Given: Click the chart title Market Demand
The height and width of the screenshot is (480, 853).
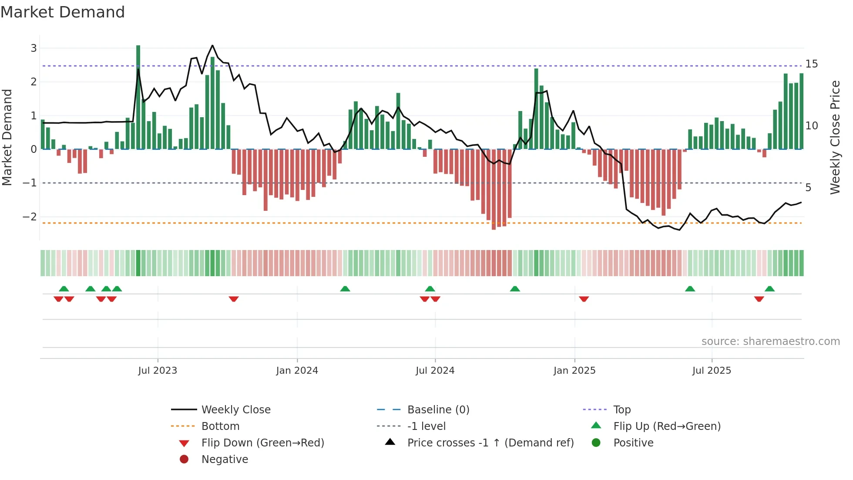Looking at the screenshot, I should (x=63, y=12).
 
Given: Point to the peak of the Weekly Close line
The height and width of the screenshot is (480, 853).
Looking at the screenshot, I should (x=212, y=45).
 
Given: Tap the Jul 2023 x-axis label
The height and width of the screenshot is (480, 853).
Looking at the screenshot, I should (x=158, y=371).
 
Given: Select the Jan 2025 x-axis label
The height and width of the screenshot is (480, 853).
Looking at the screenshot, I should (x=574, y=371).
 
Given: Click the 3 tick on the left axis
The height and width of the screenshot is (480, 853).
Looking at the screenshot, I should (x=34, y=48).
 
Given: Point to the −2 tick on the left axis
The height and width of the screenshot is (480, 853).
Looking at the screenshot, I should (x=30, y=216).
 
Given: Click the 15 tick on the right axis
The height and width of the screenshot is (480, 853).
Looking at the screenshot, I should (x=812, y=64).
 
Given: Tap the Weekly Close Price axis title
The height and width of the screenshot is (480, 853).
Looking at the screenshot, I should (x=835, y=137).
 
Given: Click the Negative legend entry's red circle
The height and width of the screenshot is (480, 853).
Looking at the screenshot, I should (x=184, y=459).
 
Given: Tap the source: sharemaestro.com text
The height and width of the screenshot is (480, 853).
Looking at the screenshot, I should (x=770, y=341).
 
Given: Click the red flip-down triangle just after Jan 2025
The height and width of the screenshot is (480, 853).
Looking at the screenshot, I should (x=584, y=299).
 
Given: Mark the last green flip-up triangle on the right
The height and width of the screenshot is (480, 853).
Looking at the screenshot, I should (x=769, y=289).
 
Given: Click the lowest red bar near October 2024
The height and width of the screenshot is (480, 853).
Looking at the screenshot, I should (x=494, y=189).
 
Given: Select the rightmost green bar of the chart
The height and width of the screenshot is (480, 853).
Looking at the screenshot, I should (x=801, y=111).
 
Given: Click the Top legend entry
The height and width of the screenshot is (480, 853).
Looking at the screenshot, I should (x=621, y=409).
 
